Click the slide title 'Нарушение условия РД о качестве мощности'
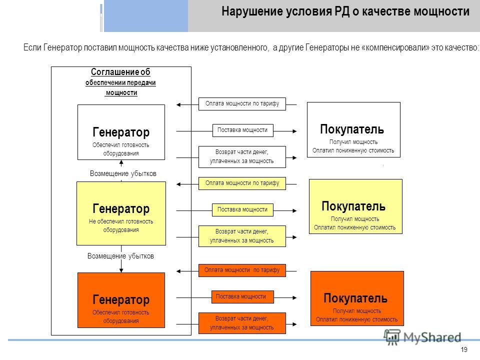[345, 11]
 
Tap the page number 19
[464, 349]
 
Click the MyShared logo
[422, 337]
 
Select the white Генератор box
[121, 132]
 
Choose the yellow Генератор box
[121, 213]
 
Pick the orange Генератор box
[121, 300]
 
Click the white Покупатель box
[353, 130]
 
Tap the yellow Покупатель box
[355, 206]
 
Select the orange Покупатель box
[357, 298]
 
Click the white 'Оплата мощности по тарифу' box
[242, 104]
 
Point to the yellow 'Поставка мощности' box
[242, 210]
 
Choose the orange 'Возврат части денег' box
[242, 323]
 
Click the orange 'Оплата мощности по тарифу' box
[242, 270]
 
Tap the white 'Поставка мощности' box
[243, 130]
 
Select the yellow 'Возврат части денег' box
[242, 236]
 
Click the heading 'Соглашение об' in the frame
[120, 72]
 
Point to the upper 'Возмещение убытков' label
[123, 173]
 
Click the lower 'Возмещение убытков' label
[120, 256]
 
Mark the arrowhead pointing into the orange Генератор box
[121, 270]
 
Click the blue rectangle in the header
[146, 16]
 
